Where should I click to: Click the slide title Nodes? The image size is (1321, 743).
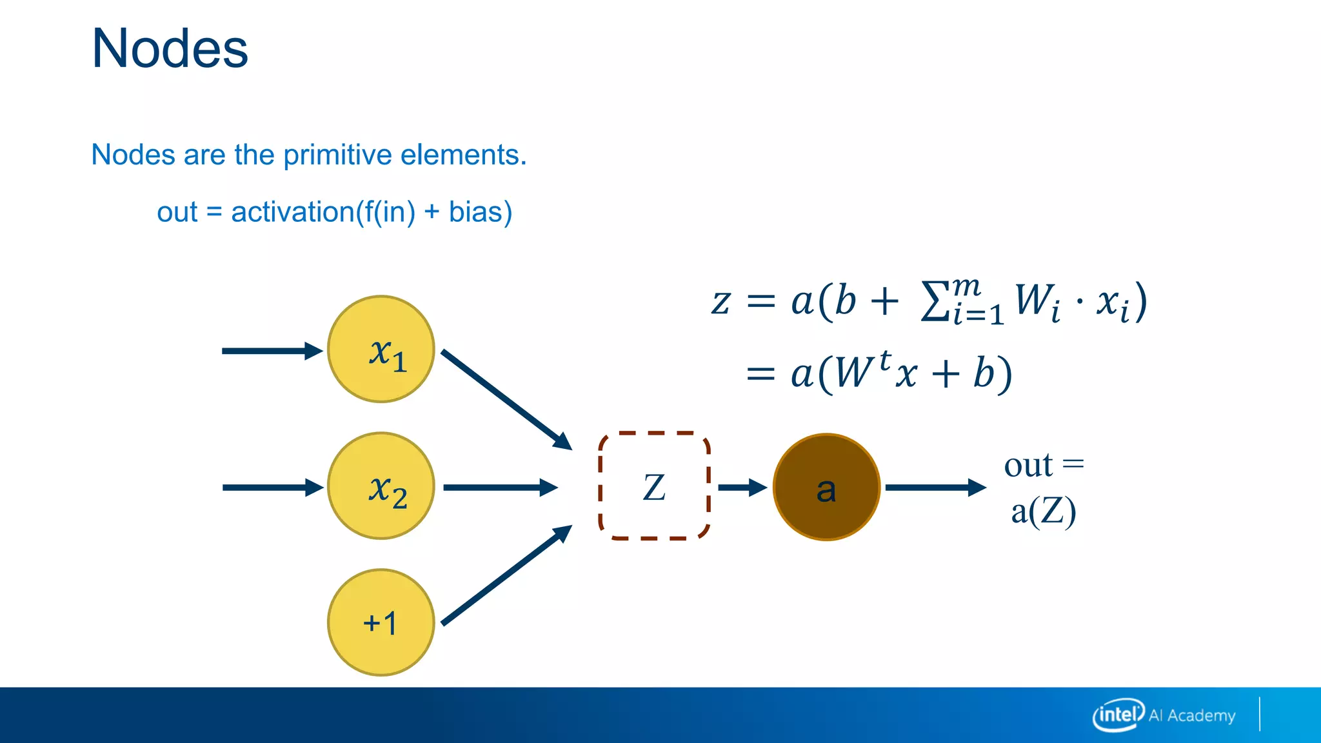pos(170,49)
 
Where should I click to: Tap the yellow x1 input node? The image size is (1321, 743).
pos(381,350)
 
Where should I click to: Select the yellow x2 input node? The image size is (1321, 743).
pos(381,486)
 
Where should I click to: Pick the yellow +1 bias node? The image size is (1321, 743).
pos(381,622)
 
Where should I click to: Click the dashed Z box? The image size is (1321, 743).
pos(654,486)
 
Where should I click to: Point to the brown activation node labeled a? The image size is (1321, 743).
pos(826,487)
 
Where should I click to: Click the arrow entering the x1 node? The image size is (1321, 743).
pos(271,351)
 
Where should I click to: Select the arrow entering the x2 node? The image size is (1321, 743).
pos(271,488)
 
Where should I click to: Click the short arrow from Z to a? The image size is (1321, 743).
pos(742,488)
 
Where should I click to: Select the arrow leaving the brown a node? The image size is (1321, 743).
pos(935,488)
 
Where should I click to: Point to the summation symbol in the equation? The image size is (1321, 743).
pos(935,302)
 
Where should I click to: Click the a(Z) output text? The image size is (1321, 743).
pos(1043,512)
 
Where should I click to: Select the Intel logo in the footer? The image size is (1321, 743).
pos(1118,715)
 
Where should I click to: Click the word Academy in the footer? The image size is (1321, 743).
pos(1201,716)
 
